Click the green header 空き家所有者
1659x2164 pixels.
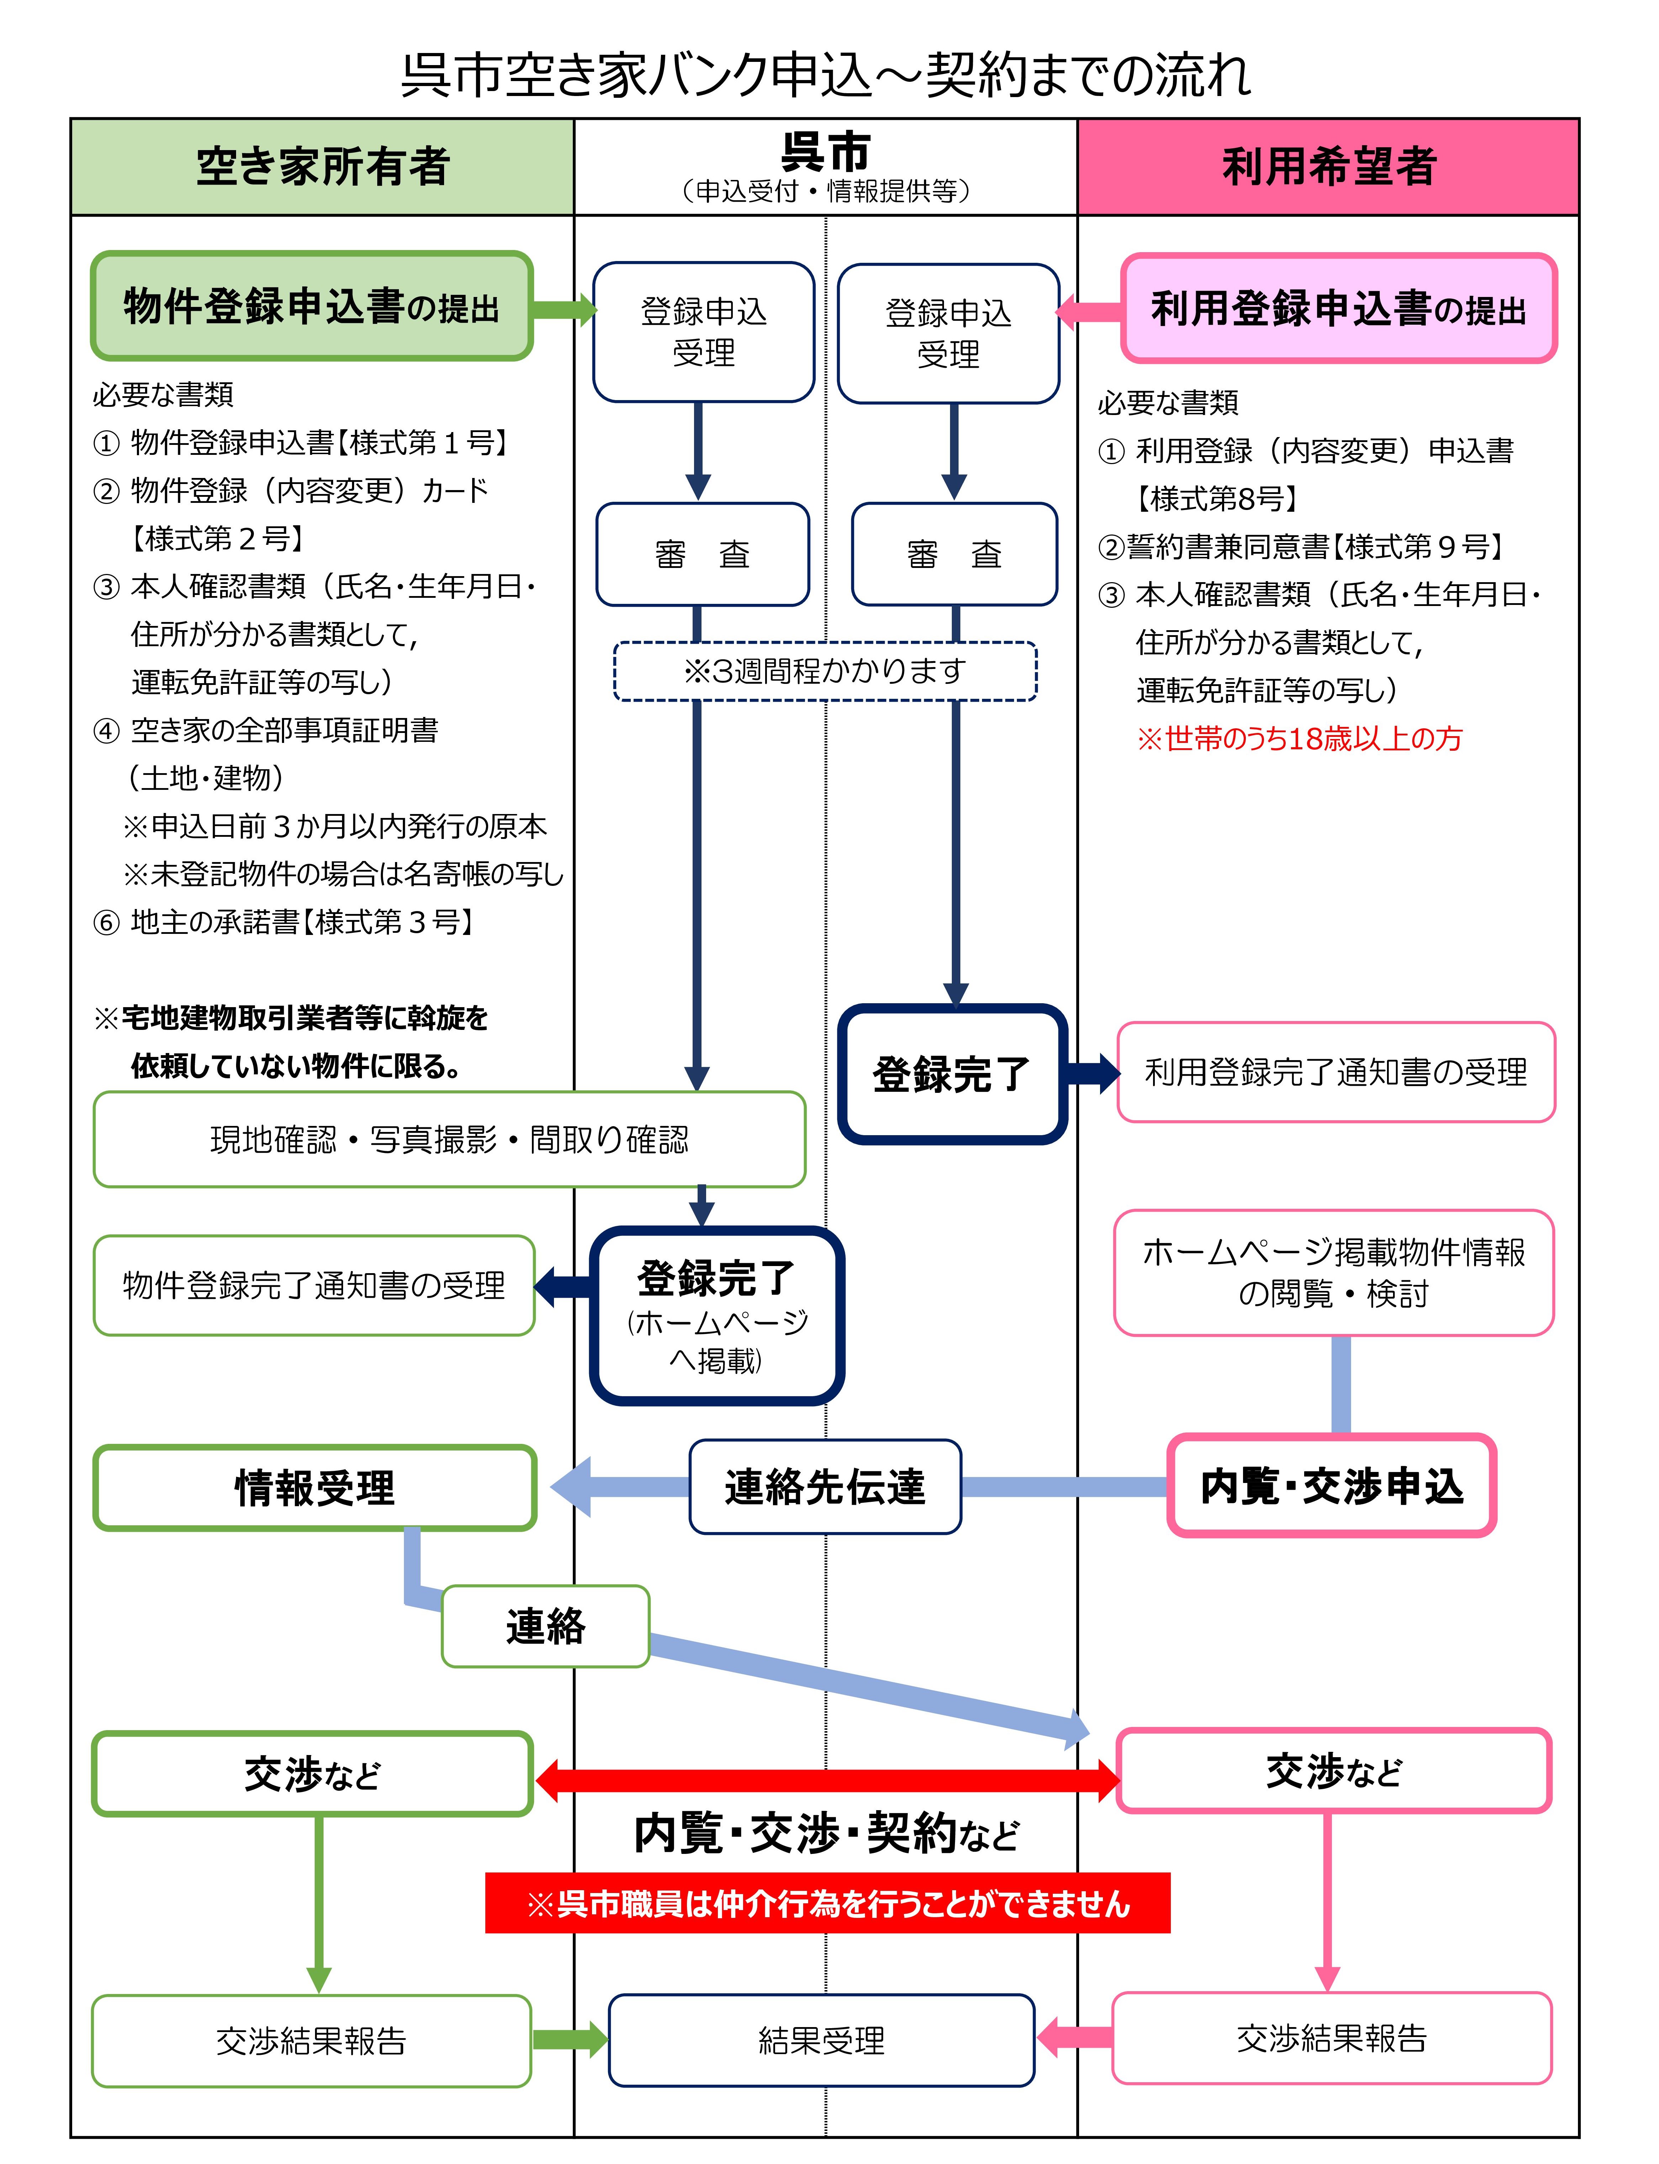[x=322, y=166]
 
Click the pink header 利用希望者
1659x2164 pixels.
[x=1328, y=166]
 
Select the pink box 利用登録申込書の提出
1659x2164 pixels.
[x=1338, y=308]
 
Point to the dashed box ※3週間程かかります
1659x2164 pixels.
[x=825, y=672]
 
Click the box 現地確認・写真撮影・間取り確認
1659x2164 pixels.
[x=449, y=1139]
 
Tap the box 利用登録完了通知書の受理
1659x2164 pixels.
[x=1335, y=1072]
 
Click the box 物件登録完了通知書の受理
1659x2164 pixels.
[x=314, y=1285]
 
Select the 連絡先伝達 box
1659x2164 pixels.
[x=825, y=1487]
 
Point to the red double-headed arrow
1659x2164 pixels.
[x=827, y=1780]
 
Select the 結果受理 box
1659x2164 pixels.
[x=822, y=2040]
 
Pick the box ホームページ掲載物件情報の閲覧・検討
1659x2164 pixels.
[x=1333, y=1272]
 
